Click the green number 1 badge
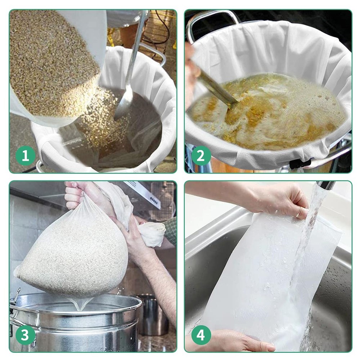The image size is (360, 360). [x=26, y=156]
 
